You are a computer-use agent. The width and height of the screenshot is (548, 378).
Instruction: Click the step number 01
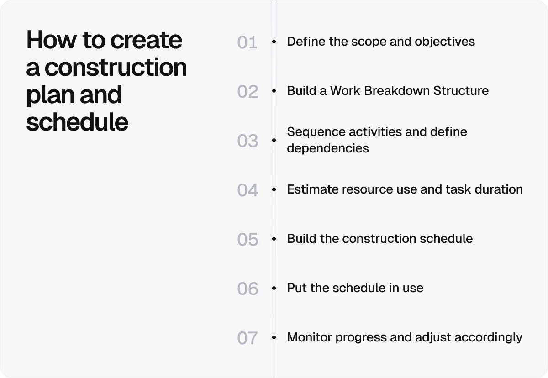(247, 42)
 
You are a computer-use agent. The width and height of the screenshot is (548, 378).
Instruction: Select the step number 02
(248, 92)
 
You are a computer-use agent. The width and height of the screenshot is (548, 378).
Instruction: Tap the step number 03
(248, 141)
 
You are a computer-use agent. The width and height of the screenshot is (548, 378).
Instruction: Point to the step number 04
(248, 190)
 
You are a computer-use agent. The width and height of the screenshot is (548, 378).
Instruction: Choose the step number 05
(248, 240)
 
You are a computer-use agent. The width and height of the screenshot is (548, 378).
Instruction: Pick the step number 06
(248, 289)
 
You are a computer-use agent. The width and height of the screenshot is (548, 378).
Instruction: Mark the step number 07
(248, 338)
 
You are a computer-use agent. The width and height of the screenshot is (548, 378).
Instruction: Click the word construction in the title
(116, 68)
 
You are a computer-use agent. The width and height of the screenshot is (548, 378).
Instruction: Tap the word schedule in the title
(77, 122)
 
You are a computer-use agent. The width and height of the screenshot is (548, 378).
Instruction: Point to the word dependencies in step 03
(327, 148)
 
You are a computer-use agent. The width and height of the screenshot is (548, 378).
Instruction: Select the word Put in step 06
(296, 288)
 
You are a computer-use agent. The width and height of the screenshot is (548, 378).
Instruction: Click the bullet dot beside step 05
(274, 239)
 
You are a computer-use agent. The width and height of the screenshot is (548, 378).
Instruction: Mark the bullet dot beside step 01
(274, 42)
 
